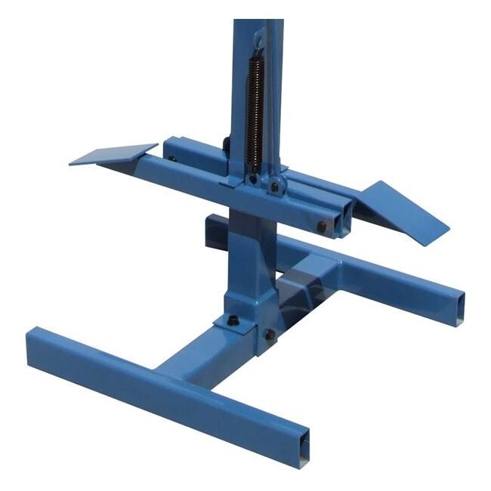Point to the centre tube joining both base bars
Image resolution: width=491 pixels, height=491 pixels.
pos(204,355)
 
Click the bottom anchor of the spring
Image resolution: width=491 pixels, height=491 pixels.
pos(255,172)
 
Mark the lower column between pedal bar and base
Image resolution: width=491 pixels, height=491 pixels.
pos(246,257)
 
